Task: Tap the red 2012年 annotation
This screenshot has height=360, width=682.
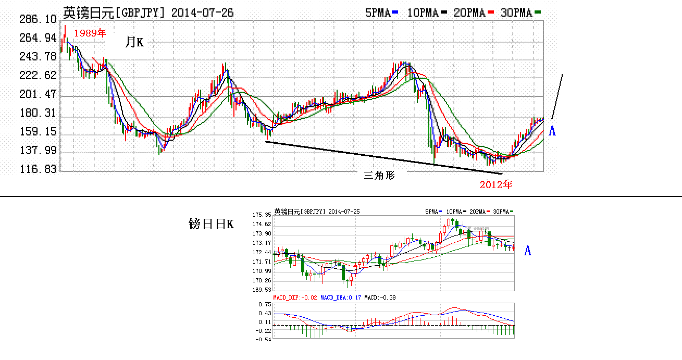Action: click(x=496, y=184)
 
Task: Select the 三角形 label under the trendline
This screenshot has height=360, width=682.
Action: click(x=379, y=176)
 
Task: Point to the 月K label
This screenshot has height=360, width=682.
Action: click(x=134, y=43)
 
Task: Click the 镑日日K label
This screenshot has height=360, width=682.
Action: click(x=211, y=225)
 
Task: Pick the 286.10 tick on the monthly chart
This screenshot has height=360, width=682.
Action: click(x=38, y=19)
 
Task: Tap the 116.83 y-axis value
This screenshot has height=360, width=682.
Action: click(x=38, y=170)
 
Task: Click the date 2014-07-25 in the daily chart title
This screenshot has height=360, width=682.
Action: click(x=343, y=212)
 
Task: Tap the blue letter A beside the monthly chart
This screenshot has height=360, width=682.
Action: click(x=552, y=131)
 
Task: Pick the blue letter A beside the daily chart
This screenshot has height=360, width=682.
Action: click(x=528, y=251)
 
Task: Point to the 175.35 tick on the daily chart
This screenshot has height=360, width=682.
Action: click(x=262, y=215)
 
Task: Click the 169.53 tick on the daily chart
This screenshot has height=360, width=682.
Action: click(x=262, y=290)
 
